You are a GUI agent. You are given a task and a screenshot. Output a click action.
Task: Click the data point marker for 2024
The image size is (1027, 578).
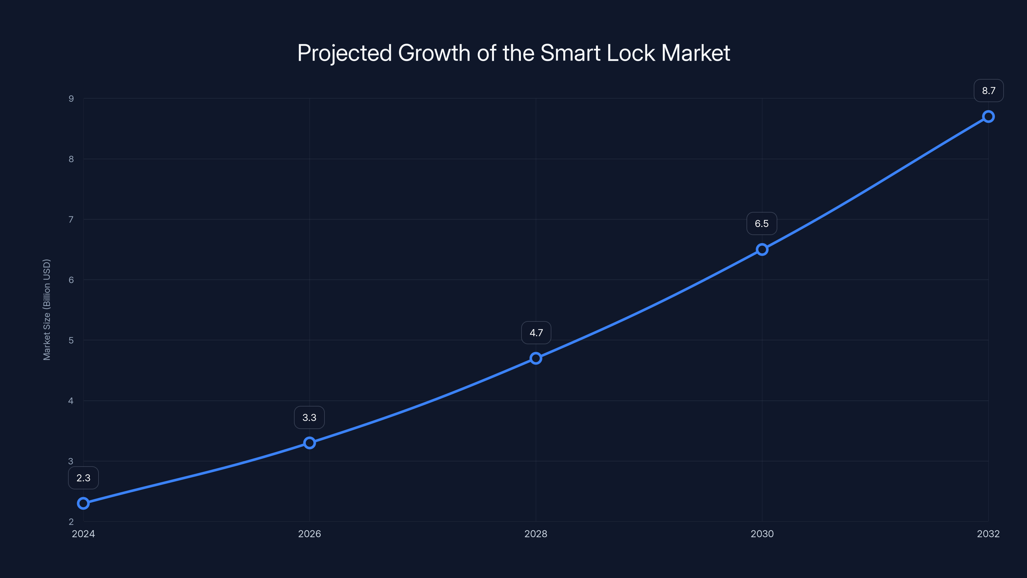pos(83,504)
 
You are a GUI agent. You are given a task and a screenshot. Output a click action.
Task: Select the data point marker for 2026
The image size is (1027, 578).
pos(309,443)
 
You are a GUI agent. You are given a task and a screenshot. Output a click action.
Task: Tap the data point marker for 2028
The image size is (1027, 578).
pos(536,358)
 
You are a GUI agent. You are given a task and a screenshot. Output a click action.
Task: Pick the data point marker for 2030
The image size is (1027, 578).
pos(762,250)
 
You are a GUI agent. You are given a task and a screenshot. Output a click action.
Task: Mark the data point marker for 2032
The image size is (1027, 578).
pos(988,117)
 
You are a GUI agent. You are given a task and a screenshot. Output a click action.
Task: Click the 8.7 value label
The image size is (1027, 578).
pos(988,91)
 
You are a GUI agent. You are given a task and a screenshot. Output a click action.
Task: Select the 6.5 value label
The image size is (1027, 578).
pos(762,224)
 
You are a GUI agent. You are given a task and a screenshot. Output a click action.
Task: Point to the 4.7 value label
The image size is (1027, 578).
pos(536,333)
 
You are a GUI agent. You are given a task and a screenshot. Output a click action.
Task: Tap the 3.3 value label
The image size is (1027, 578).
pos(309,418)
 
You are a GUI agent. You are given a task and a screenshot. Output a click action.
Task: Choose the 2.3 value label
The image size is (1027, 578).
pos(83,478)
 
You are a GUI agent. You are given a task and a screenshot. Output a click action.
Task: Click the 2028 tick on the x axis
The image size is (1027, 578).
pos(536,534)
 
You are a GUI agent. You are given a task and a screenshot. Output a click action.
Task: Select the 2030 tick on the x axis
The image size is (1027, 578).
pos(762,534)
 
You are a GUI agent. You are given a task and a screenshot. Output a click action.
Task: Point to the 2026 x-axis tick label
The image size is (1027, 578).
pos(309,534)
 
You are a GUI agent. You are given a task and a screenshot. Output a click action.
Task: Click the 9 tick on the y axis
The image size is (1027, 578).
pos(71,99)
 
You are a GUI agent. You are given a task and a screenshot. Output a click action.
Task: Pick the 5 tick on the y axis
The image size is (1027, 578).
pos(71,340)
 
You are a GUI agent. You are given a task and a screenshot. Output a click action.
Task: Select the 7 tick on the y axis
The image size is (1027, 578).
pos(71,219)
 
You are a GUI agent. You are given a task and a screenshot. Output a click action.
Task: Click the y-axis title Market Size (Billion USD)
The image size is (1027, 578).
pos(47,310)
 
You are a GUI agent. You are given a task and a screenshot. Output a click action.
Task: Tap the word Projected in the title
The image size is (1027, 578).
pos(344,53)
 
